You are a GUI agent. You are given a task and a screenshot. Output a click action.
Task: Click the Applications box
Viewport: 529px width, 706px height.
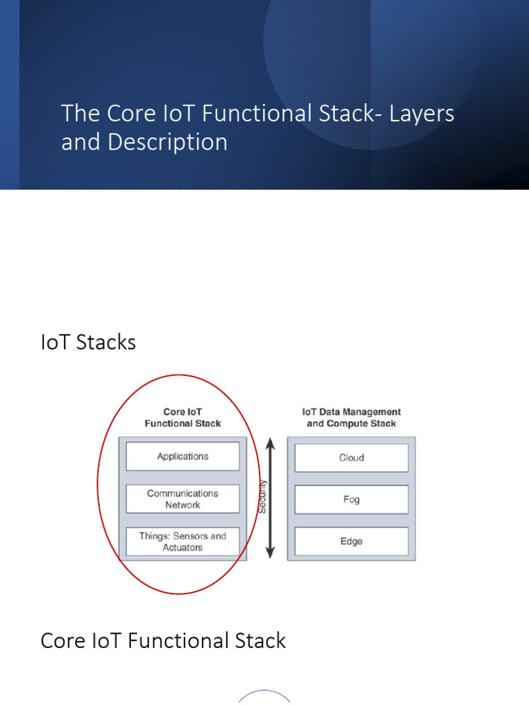[183, 456]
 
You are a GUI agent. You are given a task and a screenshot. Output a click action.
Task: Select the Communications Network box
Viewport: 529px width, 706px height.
[183, 499]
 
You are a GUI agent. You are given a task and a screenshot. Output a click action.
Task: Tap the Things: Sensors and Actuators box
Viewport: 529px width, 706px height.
[183, 542]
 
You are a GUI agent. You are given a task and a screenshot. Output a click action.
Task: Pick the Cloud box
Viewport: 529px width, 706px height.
[351, 458]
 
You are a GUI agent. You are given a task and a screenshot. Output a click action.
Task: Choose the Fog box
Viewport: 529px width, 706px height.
[351, 500]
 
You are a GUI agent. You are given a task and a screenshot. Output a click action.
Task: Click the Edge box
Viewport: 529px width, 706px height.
[351, 542]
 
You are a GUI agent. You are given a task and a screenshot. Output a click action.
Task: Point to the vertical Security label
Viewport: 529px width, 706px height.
[262, 497]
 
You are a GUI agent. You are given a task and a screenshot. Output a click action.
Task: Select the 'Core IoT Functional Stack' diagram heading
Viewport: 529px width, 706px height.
[183, 418]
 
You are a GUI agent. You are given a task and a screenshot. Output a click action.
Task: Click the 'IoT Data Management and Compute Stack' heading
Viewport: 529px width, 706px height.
[351, 418]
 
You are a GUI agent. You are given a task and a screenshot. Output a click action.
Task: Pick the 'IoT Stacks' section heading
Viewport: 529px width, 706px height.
[88, 342]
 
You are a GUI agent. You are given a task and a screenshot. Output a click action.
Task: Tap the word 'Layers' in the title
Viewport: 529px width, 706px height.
[422, 113]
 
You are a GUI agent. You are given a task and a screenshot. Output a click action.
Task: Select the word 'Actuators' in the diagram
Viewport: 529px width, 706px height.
[183, 548]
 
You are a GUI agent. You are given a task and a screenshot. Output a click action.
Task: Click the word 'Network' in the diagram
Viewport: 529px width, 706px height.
[183, 505]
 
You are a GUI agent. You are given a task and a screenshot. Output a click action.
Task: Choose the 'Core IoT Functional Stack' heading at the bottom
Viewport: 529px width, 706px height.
[163, 641]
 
